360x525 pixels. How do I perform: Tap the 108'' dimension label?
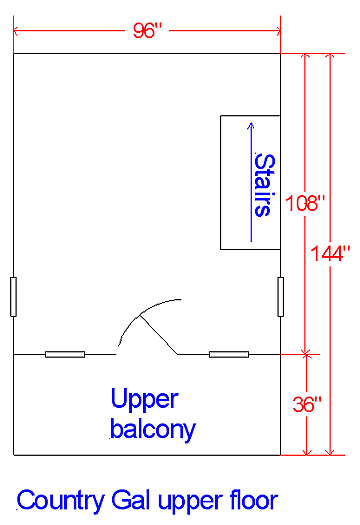coord(306,203)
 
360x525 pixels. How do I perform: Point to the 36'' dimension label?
coord(306,405)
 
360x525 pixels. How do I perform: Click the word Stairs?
coord(263,184)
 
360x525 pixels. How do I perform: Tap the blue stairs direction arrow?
coord(249,180)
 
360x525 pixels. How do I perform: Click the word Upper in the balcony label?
coord(144,400)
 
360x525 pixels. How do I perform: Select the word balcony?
coord(154,430)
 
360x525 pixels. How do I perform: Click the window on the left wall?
coord(13,297)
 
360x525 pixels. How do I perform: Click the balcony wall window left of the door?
coord(65,354)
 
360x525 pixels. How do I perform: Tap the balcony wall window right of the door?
coord(228,354)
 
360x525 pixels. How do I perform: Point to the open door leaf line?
coord(158,334)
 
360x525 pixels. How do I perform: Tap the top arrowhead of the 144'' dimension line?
coord(330,58)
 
